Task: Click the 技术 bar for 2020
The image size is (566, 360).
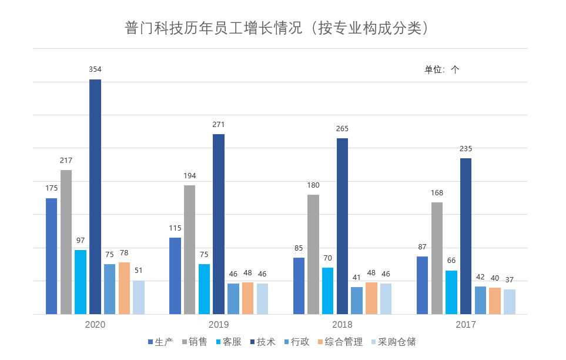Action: point(95,196)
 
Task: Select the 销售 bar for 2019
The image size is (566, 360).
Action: point(189,249)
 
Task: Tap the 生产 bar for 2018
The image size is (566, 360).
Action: point(299,286)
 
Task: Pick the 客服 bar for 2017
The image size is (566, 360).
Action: point(451,292)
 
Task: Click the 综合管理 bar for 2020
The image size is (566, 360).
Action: point(124,288)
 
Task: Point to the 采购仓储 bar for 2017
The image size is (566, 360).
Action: point(510,302)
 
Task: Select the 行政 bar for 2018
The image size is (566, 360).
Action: point(357,301)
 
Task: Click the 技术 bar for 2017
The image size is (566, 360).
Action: point(466,236)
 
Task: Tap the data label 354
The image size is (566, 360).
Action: point(95,69)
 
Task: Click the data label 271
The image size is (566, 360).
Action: point(219,124)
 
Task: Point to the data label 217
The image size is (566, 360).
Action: point(66,160)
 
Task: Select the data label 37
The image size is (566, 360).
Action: point(510,279)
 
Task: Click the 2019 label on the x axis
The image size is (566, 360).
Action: point(219,325)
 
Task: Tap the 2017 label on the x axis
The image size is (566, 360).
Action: point(466,325)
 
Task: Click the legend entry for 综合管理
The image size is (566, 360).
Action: point(341,342)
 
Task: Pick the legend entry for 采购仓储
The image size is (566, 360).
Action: point(393,342)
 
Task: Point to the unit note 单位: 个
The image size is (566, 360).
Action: point(442,69)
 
